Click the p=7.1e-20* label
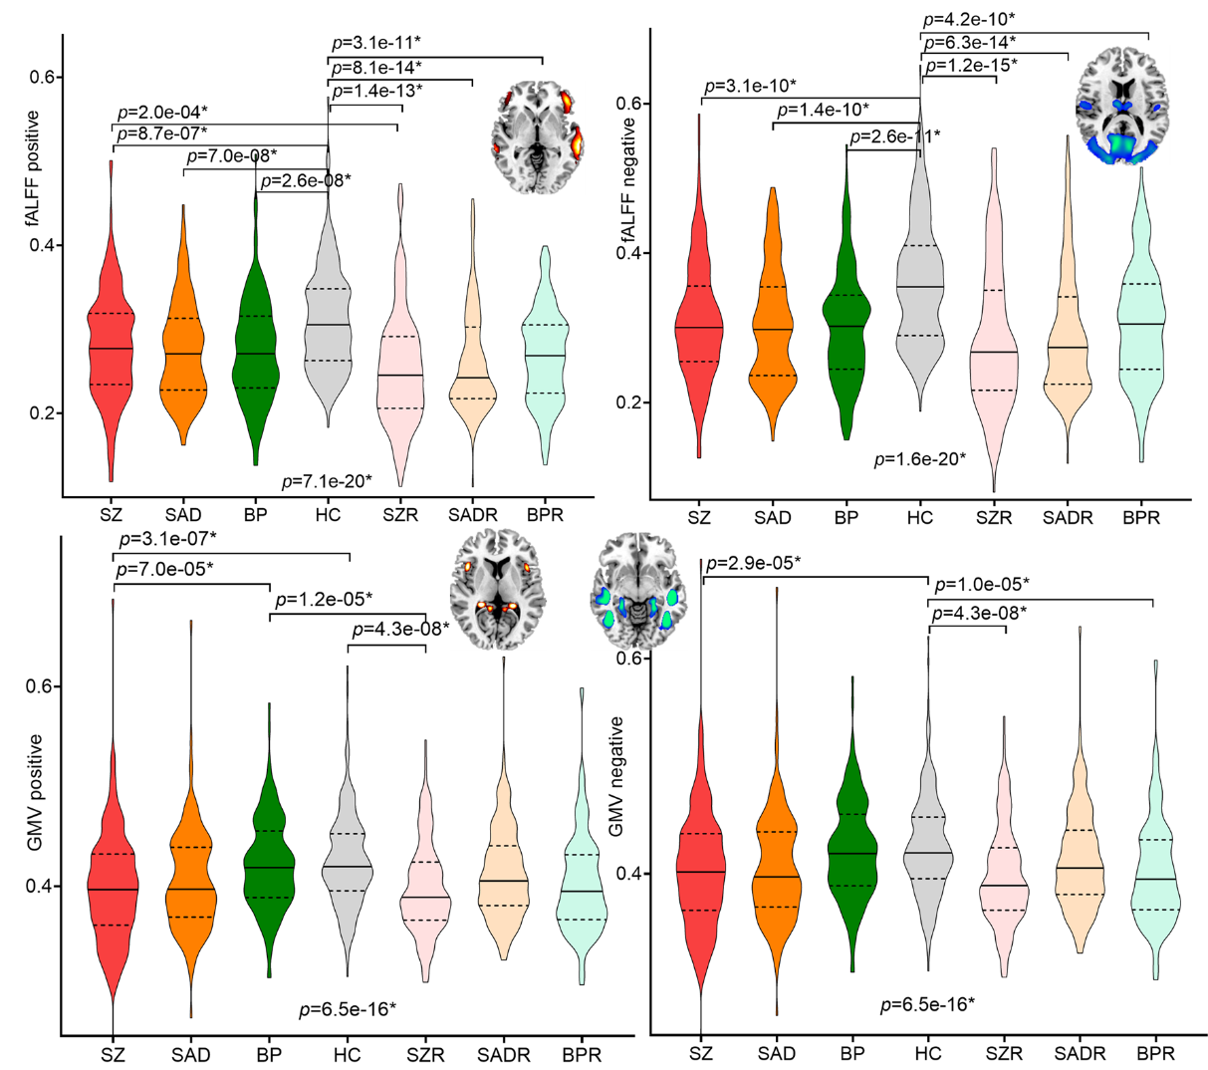pos(328,481)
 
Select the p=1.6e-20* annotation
pos(919,459)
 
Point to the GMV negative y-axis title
pos(616,776)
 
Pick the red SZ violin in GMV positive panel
pos(113,877)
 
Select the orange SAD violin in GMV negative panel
pos(776,867)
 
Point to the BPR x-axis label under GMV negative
pos(1154,1052)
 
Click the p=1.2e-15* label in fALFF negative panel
pos(971,65)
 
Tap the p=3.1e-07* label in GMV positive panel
pos(167,539)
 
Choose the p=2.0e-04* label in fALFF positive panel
pos(162,112)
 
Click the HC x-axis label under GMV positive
pos(347,1055)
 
